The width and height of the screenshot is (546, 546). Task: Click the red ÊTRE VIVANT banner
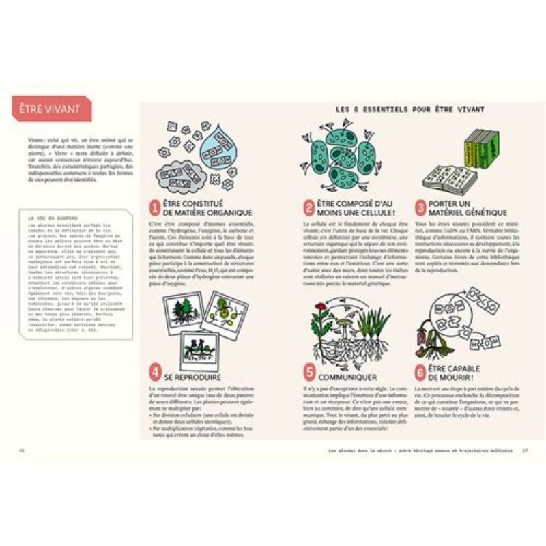(x=52, y=108)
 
